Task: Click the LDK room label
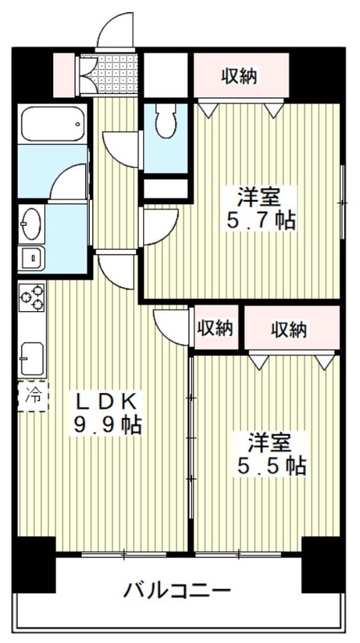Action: click(106, 403)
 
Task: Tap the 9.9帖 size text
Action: click(108, 425)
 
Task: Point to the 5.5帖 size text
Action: click(270, 466)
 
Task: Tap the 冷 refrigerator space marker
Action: click(34, 396)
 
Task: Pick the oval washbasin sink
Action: click(31, 223)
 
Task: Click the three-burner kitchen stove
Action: click(32, 297)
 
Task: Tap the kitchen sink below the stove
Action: click(32, 358)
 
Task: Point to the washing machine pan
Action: click(31, 259)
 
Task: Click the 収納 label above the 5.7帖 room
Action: click(239, 76)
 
